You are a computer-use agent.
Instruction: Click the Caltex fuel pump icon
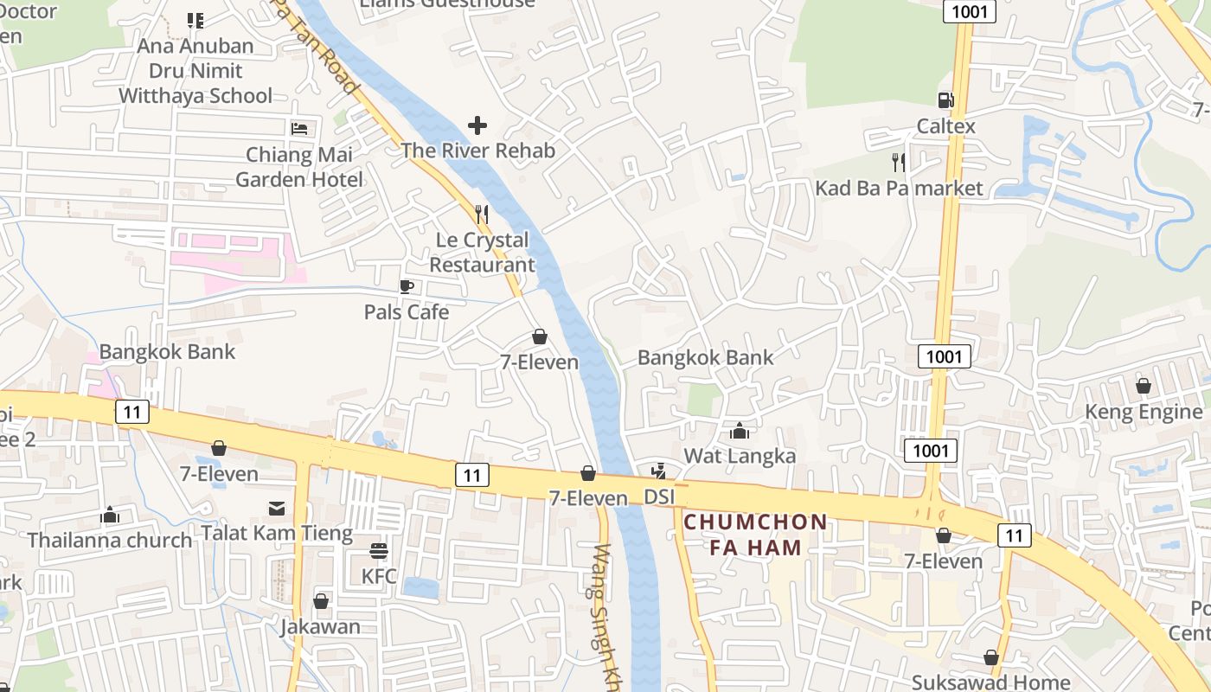945,100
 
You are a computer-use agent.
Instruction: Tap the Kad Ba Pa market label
899,189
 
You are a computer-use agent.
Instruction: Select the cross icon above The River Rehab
477,126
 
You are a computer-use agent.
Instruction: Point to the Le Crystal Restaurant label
482,253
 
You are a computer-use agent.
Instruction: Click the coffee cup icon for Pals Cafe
407,286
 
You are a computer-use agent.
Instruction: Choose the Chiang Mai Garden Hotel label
299,168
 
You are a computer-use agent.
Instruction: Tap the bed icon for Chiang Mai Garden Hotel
299,129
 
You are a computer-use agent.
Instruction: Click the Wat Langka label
740,456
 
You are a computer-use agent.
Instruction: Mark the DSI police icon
658,471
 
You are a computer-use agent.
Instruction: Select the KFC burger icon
378,550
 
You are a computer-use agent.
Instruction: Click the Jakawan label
320,627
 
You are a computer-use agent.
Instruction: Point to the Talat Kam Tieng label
277,533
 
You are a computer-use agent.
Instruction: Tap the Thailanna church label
110,541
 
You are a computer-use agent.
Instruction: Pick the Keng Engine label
1144,412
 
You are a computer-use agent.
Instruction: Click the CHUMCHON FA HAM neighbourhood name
755,535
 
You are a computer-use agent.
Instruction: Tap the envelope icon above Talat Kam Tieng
277,508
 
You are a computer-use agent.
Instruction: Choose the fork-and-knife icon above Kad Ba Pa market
899,162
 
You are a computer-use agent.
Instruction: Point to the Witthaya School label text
195,96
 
